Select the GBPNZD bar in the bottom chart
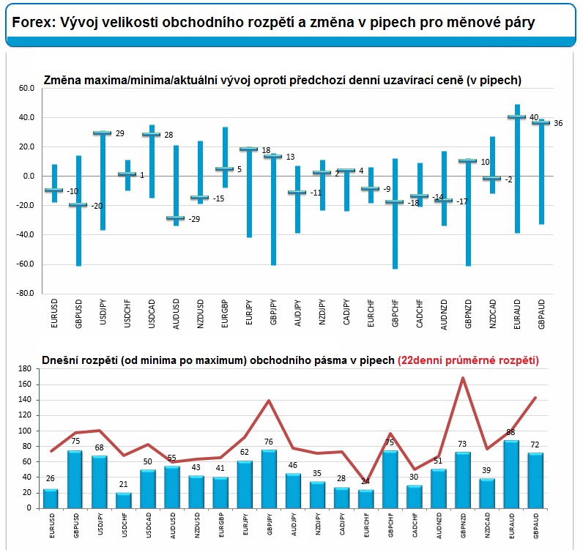coord(463,480)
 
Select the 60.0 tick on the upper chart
coord(26,88)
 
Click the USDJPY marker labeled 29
coord(102,133)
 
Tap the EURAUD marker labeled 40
coord(517,117)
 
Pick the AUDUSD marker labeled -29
coord(175,218)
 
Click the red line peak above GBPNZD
coord(463,378)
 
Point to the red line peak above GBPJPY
coord(269,401)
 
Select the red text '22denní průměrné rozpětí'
coord(468,360)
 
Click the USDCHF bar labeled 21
coord(123,500)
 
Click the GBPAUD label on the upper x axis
coord(541,316)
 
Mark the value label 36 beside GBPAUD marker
coord(558,123)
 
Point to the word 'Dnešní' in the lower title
coord(63,360)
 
